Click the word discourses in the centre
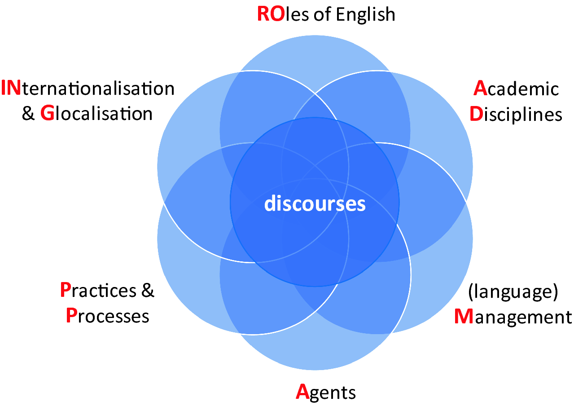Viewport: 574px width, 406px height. (315, 204)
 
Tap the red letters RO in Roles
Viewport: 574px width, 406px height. (270, 14)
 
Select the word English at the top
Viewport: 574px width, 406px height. (365, 15)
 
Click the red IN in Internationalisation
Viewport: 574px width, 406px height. (11, 88)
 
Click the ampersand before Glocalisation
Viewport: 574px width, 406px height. (28, 114)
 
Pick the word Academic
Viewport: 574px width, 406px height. (516, 88)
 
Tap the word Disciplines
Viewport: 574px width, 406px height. (516, 114)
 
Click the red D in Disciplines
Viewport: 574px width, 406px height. (475, 114)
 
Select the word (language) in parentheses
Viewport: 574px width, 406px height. (513, 292)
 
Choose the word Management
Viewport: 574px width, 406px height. (513, 317)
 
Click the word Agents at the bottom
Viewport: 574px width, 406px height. (326, 393)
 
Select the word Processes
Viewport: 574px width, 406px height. (107, 316)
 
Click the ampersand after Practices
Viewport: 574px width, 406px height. (148, 291)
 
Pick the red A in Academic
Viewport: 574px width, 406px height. (480, 88)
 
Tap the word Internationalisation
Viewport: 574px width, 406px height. (88, 88)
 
